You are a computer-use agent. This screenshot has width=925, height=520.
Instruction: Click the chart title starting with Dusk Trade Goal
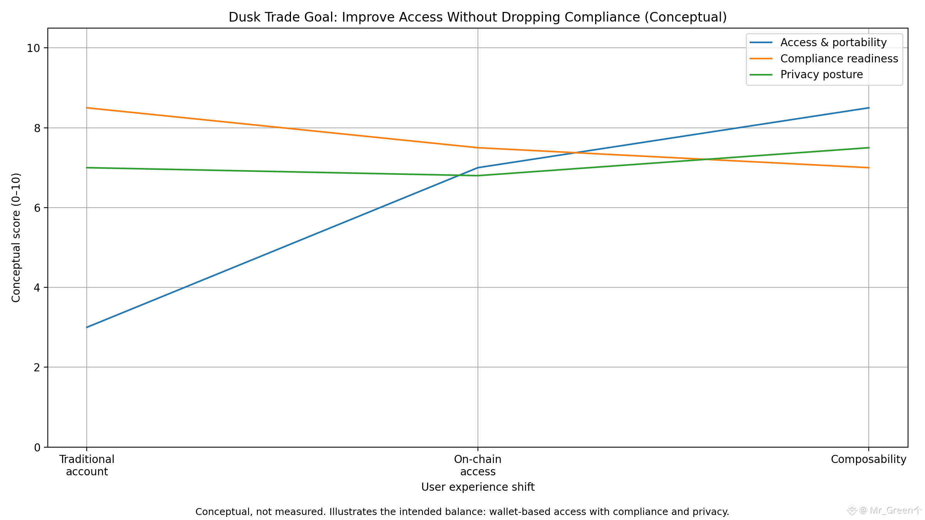point(478,17)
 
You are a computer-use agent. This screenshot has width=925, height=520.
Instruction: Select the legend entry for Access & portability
point(833,42)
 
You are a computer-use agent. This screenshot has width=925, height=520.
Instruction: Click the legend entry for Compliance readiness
point(839,59)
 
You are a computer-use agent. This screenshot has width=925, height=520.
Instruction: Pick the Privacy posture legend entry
point(821,74)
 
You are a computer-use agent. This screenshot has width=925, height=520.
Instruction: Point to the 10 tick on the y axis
point(34,48)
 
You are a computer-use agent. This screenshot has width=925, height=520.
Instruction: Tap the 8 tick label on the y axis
point(37,128)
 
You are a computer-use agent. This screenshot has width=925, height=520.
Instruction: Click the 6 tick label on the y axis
point(37,208)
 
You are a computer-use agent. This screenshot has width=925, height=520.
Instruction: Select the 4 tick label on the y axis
point(37,288)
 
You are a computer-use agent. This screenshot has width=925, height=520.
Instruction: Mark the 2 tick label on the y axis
point(37,367)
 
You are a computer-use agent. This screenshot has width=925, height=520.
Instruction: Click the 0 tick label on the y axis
point(37,448)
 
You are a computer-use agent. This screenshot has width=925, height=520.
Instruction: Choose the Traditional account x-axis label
point(87,465)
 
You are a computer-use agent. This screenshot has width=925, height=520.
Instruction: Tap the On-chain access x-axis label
point(478,465)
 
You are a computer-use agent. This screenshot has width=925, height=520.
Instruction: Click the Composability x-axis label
point(868,460)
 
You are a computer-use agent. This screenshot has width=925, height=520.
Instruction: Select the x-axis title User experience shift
point(478,487)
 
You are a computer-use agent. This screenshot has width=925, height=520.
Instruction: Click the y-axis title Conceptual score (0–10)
point(16,238)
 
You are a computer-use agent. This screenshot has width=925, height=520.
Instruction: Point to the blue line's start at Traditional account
point(87,327)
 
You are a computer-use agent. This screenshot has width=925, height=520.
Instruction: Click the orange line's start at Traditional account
point(87,108)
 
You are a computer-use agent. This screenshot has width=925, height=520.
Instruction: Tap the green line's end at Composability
point(869,148)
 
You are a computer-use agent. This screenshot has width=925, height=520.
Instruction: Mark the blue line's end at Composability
point(869,108)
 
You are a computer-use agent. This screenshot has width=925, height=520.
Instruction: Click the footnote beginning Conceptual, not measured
point(462,512)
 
